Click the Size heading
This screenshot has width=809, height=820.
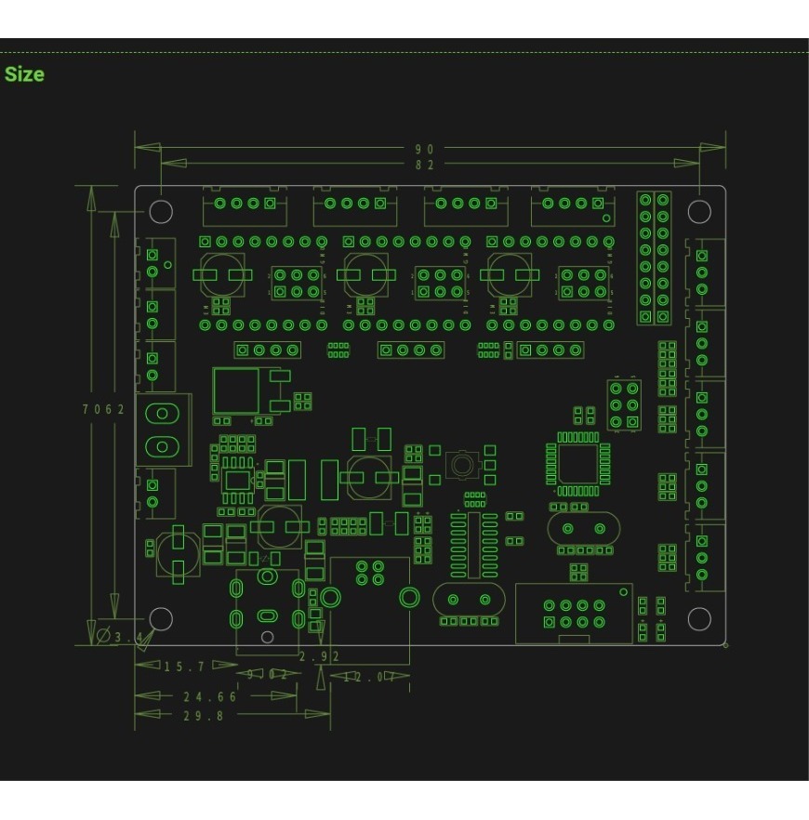(x=24, y=74)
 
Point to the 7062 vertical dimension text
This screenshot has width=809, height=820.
(x=101, y=409)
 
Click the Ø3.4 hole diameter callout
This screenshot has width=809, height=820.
(x=121, y=637)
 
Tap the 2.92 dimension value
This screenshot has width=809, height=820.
(x=319, y=656)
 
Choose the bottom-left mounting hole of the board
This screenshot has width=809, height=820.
(x=161, y=618)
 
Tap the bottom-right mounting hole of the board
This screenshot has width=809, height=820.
(x=698, y=618)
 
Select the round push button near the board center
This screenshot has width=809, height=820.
(x=461, y=462)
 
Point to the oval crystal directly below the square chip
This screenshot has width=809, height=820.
(x=577, y=530)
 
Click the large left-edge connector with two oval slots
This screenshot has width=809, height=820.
(x=162, y=430)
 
